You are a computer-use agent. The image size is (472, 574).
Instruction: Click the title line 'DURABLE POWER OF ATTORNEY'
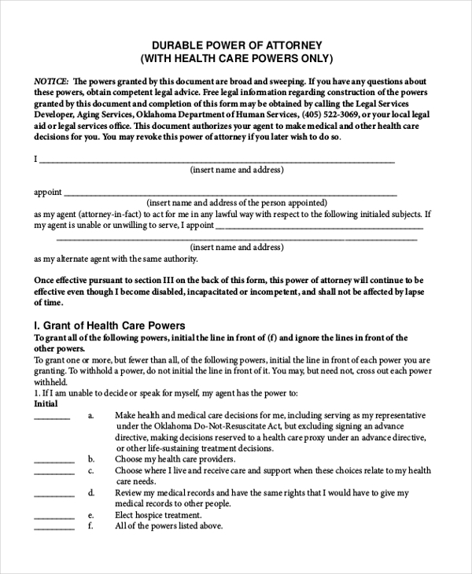[236, 45]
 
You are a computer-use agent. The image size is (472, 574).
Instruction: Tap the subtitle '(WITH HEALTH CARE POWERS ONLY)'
[236, 59]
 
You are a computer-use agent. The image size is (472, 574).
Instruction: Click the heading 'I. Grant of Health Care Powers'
[109, 325]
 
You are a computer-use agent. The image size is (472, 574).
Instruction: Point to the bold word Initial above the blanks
[46, 403]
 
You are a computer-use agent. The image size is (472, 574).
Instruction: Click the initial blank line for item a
[53, 418]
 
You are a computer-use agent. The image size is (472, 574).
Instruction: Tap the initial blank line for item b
[54, 461]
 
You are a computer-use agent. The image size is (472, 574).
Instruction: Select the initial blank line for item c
[54, 473]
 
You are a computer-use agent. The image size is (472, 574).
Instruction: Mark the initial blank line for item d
[54, 495]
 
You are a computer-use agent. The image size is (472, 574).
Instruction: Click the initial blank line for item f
[54, 528]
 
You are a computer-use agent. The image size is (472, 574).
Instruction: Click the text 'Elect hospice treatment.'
[158, 515]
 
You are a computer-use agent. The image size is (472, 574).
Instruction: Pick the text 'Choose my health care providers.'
[175, 458]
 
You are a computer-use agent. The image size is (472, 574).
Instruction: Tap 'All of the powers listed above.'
[168, 526]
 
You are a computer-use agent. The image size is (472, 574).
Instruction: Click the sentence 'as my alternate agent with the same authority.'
[116, 258]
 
